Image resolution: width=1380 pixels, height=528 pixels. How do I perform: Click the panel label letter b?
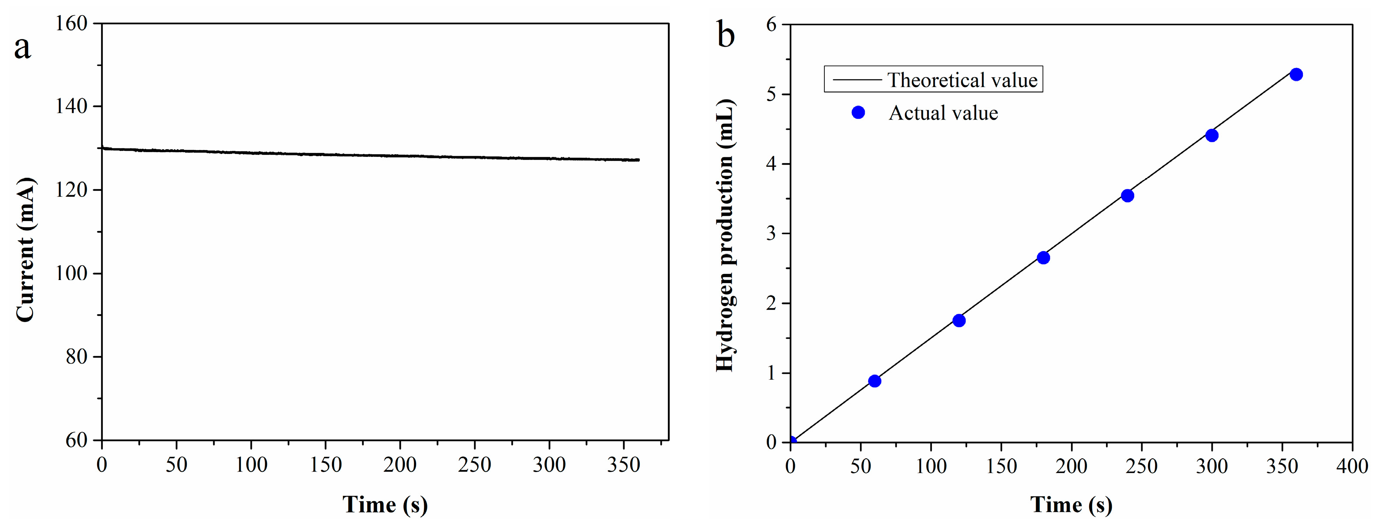coord(726,36)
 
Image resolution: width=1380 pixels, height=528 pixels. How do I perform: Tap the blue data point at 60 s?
coord(874,381)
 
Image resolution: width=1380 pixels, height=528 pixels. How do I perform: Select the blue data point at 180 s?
coord(1043,258)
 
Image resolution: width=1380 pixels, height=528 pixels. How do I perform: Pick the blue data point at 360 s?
coord(1296,75)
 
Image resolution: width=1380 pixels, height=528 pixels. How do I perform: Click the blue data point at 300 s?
coord(1212,136)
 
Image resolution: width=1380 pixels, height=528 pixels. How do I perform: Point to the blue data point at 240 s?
coord(1127,196)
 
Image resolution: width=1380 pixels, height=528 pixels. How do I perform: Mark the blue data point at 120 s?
coord(959,320)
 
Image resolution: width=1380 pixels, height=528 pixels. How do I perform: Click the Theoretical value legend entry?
coord(962,80)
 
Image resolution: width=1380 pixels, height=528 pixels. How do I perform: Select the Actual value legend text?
coord(944,113)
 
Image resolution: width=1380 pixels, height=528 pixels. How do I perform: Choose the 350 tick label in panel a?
coord(623,465)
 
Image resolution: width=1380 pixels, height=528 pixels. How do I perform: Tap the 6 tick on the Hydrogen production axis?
coord(771,25)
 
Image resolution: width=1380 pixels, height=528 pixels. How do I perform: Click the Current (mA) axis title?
coord(25,250)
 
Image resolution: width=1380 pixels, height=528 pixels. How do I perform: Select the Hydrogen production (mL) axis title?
coord(726,235)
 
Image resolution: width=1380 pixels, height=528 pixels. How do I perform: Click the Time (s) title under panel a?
coord(384,505)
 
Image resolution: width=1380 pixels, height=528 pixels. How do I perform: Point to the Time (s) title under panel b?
coord(1071,505)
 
